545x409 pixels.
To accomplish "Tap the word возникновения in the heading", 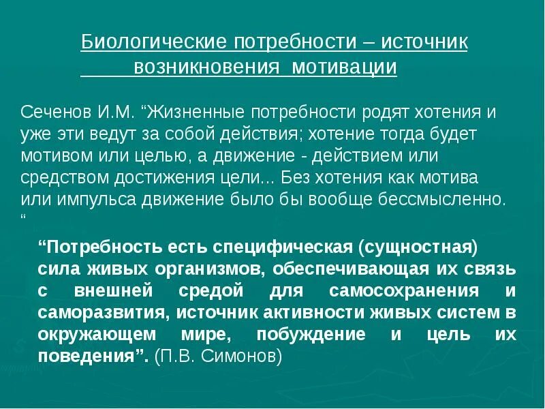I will (208, 68).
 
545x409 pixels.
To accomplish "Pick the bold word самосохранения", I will (403, 291).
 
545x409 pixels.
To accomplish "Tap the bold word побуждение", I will (312, 335).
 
